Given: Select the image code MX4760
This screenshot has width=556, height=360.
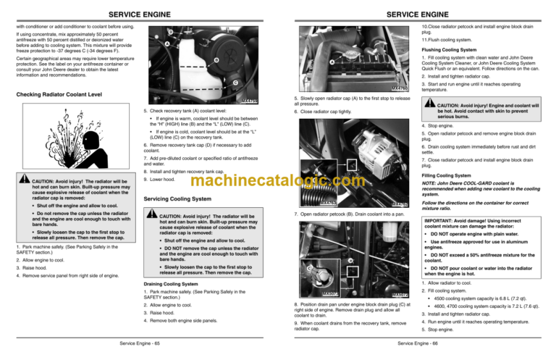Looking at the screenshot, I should tap(403, 88).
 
